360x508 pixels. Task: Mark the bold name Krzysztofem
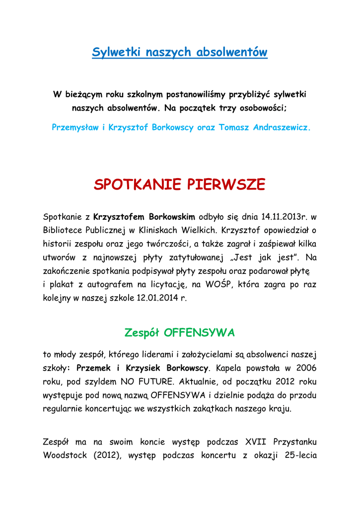point(118,217)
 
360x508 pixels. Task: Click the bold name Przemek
point(94,368)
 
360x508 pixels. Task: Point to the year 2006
point(306,368)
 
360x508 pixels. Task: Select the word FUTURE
point(155,382)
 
